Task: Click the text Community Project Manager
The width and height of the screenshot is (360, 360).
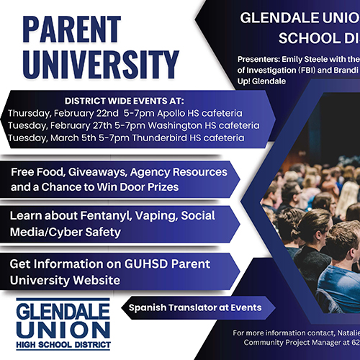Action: tap(287, 344)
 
